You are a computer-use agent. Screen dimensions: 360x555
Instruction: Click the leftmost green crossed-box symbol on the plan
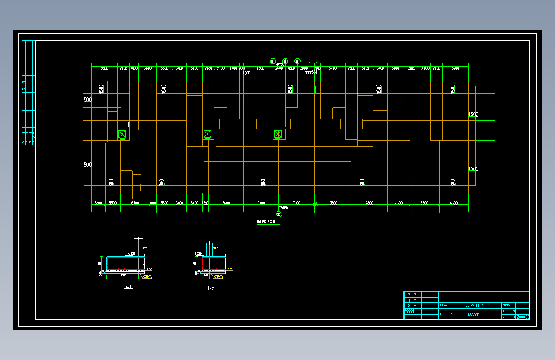pos(122,135)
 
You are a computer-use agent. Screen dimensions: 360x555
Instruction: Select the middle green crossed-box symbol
pos(207,135)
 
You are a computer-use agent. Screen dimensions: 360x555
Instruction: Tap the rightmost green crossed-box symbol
pos(278,135)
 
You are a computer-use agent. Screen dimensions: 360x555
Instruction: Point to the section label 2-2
pos(211,289)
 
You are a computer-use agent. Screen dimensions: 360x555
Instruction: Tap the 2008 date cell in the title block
pos(522,316)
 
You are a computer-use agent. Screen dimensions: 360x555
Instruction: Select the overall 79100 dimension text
pos(282,208)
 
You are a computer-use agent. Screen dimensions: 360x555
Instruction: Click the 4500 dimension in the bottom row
pos(399,203)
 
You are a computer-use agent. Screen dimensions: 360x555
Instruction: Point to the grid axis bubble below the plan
pos(278,215)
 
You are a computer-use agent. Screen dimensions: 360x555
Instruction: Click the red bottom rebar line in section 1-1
pos(124,270)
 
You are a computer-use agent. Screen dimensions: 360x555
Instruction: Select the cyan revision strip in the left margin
pos(28,93)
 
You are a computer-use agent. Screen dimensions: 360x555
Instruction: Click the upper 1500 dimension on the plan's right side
pos(473,115)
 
